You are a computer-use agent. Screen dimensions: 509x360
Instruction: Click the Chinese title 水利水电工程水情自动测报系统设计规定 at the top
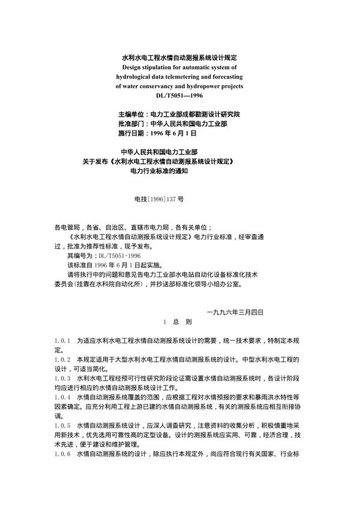coord(181,58)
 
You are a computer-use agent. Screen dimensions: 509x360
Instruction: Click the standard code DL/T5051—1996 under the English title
coord(181,95)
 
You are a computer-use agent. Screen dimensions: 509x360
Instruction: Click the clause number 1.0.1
coord(62,340)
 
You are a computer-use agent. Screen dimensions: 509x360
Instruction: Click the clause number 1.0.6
coord(62,454)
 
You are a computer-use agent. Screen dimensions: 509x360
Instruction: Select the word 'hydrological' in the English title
coord(134,77)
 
